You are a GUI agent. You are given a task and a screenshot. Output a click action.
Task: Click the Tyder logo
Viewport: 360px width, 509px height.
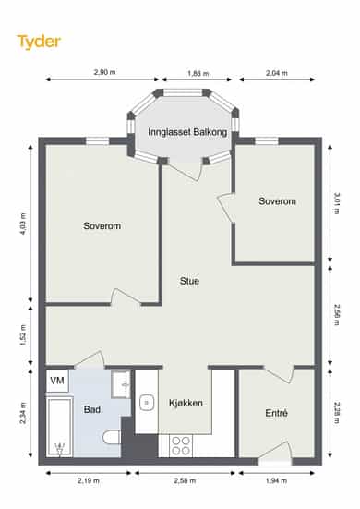click(39, 42)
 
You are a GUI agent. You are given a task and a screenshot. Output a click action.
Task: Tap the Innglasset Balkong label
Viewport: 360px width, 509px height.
click(187, 132)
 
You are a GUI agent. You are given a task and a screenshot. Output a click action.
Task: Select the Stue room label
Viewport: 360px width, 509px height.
click(189, 281)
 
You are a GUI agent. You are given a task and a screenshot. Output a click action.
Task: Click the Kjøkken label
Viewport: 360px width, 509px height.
click(186, 403)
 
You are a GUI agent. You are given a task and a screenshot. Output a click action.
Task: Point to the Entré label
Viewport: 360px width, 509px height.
click(276, 413)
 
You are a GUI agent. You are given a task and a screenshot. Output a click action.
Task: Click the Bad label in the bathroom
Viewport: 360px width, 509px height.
click(91, 409)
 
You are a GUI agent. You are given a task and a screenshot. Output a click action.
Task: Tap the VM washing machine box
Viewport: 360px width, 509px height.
click(57, 381)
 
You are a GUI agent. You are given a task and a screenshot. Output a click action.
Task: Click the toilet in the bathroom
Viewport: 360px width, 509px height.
click(112, 437)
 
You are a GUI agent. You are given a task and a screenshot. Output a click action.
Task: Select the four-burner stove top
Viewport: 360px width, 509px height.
click(181, 445)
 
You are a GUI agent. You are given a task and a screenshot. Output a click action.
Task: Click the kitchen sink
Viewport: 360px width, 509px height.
click(147, 403)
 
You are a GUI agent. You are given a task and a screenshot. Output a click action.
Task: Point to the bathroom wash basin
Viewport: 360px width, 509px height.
click(121, 384)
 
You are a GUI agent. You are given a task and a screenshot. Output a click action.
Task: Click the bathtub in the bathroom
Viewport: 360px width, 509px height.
click(60, 427)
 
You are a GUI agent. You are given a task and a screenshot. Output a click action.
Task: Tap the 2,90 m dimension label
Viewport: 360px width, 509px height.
click(104, 72)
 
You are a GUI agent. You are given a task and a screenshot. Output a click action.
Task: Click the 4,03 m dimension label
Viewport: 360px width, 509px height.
click(23, 224)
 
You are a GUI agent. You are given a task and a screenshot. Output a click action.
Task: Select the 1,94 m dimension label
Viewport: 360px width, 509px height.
click(276, 480)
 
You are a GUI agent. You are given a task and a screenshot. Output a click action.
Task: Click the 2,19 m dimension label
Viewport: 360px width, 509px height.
click(89, 480)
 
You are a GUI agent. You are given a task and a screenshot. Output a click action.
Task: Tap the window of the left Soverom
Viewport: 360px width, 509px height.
click(97, 141)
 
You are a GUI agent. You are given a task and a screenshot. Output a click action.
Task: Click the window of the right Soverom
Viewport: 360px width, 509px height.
click(267, 141)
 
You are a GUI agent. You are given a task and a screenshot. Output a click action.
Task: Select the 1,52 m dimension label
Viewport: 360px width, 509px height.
click(23, 334)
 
